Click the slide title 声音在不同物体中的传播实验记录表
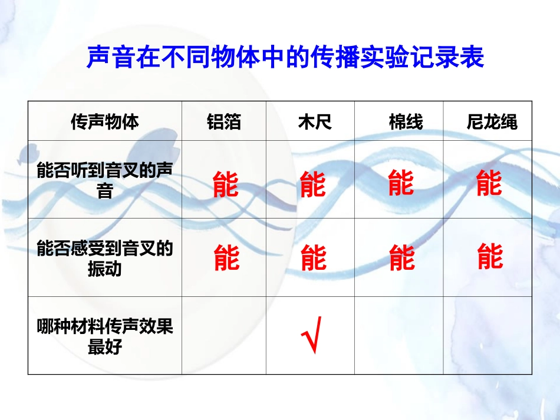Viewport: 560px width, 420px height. pyautogui.click(x=285, y=58)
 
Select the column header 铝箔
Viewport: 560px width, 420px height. pyautogui.click(x=224, y=122)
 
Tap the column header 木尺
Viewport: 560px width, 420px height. pyautogui.click(x=315, y=122)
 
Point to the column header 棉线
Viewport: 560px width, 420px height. pyautogui.click(x=406, y=122)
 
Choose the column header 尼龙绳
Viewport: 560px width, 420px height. pyautogui.click(x=492, y=122)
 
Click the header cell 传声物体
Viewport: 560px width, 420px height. pyautogui.click(x=105, y=122)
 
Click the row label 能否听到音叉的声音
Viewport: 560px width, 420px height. pyautogui.click(x=105, y=180)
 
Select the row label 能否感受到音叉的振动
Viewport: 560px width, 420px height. pyautogui.click(x=105, y=258)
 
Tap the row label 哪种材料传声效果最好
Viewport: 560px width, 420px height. pyautogui.click(x=105, y=336)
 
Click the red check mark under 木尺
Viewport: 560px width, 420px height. pyautogui.click(x=311, y=335)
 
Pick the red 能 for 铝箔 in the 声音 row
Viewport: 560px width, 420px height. pyautogui.click(x=226, y=184)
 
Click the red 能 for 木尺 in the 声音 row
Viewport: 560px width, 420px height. pyautogui.click(x=312, y=184)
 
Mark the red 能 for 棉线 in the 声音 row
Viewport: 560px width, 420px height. pyautogui.click(x=401, y=183)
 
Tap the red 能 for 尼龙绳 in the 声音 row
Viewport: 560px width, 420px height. pyautogui.click(x=489, y=183)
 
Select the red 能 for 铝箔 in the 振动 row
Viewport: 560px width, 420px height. pyautogui.click(x=226, y=258)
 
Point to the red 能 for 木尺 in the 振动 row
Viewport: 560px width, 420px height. pyautogui.click(x=314, y=258)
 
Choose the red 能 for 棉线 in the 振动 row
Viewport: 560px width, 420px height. pyautogui.click(x=402, y=258)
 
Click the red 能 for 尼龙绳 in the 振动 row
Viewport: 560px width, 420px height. pyautogui.click(x=490, y=256)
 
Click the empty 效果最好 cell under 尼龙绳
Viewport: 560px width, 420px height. pyautogui.click(x=487, y=335)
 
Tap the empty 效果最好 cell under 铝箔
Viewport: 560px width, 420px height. pyautogui.click(x=223, y=335)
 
